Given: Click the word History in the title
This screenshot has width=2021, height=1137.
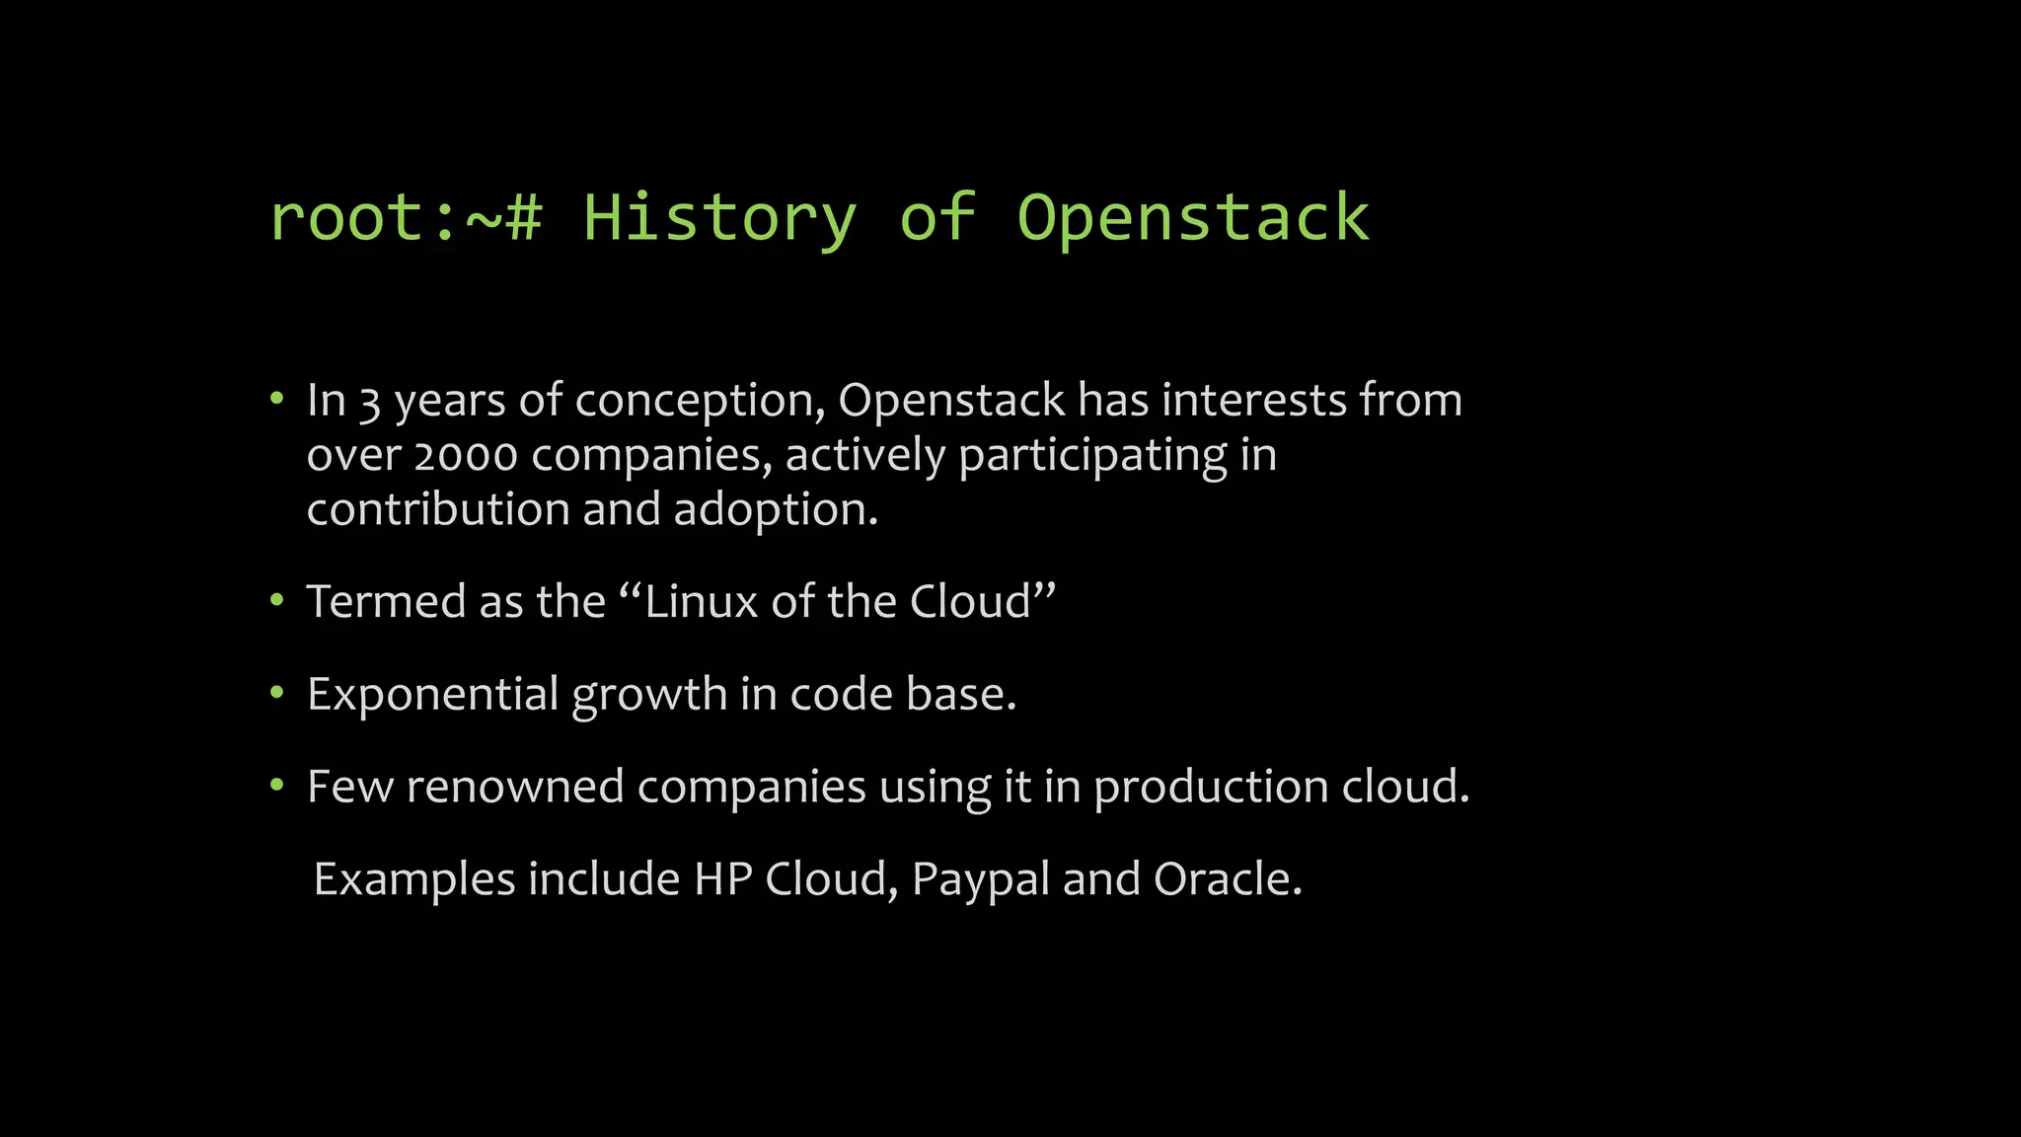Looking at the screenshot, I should (x=718, y=218).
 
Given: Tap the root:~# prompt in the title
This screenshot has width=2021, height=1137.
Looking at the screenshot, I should (x=406, y=218).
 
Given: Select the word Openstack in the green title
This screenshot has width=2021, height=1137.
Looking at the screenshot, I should (x=1193, y=218).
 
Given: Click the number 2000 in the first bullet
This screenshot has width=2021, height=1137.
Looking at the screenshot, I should (x=466, y=456).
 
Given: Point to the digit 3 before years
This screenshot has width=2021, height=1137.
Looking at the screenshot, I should (x=369, y=402).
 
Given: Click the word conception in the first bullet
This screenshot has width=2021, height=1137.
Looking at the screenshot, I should (x=700, y=402).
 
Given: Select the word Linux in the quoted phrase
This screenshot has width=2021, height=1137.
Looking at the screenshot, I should (x=701, y=601).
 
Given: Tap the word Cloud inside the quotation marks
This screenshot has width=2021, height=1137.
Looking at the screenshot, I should (x=970, y=601).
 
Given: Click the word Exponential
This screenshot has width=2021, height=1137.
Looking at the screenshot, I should (x=433, y=694).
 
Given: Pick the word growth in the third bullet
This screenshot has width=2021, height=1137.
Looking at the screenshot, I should (x=649, y=694).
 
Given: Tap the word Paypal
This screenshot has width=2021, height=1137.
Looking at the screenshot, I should (x=980, y=879).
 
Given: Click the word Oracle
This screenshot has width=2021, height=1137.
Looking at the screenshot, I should (x=1227, y=878).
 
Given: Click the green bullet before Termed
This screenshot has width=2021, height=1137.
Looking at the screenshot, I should (x=277, y=600).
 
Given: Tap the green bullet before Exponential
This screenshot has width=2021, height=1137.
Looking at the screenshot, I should (x=277, y=693).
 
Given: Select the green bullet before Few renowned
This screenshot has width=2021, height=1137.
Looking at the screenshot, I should (x=277, y=786).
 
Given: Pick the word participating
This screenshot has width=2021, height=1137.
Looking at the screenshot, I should (x=1092, y=456).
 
